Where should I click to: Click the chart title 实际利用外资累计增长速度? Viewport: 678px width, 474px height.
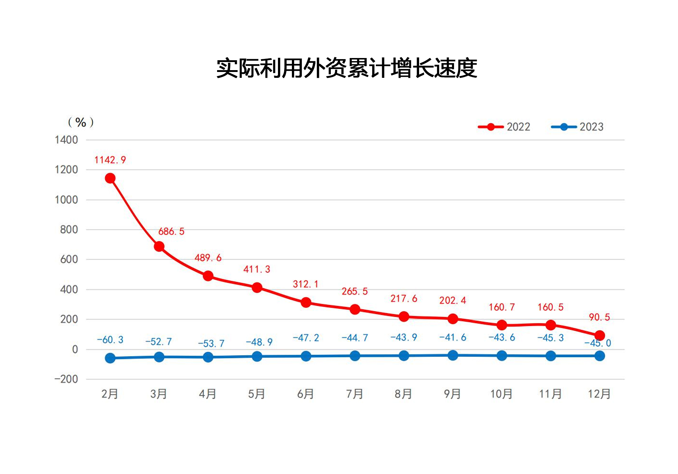[346, 68]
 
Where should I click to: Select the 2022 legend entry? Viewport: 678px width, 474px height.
[505, 127]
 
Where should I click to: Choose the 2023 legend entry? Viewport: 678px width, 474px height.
[578, 127]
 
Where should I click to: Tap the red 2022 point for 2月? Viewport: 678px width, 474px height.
[110, 178]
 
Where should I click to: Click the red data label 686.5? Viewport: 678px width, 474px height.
[171, 231]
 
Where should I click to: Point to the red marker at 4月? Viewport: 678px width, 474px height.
[208, 276]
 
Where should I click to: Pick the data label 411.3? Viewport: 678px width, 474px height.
[257, 269]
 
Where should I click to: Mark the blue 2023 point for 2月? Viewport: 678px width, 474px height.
[110, 358]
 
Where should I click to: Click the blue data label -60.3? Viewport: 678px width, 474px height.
[110, 340]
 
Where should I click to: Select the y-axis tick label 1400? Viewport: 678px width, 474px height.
[66, 140]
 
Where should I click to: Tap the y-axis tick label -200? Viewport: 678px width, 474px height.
[66, 379]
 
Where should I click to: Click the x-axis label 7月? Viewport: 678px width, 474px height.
[355, 394]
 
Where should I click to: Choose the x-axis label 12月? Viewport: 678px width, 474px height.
[599, 394]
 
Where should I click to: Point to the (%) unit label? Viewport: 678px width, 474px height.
[81, 122]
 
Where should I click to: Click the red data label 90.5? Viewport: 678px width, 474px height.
[599, 317]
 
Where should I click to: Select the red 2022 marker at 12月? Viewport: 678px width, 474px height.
[600, 335]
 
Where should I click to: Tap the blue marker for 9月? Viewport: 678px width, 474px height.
[453, 355]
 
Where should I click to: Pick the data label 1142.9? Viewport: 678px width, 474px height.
[110, 160]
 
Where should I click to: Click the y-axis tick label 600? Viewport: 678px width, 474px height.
[69, 260]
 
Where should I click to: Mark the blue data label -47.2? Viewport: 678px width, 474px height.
[306, 338]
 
